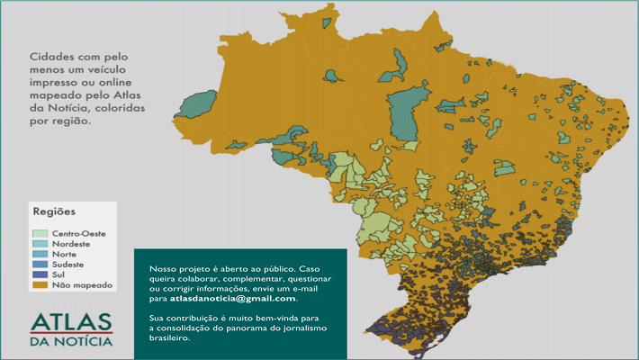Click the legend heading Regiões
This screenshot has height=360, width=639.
coord(54,211)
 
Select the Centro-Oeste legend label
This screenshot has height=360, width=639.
coord(78,233)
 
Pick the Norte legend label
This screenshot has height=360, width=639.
coord(66,255)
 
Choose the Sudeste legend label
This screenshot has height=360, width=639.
coord(68,265)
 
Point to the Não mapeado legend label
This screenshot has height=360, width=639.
coord(82,284)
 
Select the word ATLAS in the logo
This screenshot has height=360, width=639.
coord(71,323)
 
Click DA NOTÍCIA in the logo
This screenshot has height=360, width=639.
coord(71,342)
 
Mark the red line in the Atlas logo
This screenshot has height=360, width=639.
coord(71,333)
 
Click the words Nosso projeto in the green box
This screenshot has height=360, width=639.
coord(173,269)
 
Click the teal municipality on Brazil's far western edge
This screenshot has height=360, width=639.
coord(200,103)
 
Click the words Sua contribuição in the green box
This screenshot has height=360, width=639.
coord(180,319)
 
